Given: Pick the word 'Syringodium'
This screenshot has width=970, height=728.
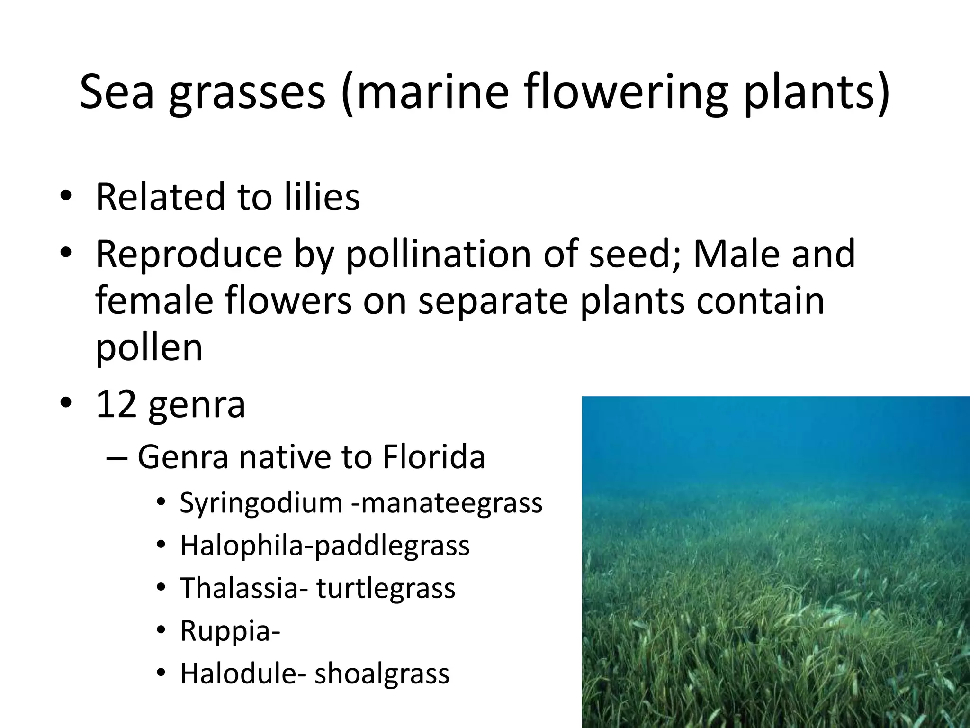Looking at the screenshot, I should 261,503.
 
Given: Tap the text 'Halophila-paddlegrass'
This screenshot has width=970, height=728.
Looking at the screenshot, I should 325,546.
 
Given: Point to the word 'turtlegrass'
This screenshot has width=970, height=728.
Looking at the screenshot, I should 386,588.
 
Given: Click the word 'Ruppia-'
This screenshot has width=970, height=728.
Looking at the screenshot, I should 230,631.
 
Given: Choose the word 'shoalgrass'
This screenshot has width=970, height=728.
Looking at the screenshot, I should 382,673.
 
